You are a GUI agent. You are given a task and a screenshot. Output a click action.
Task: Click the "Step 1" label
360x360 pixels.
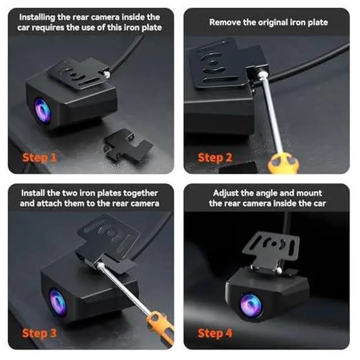pyautogui.click(x=39, y=157)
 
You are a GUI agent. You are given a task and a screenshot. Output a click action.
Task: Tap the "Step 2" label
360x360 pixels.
pyautogui.click(x=215, y=157)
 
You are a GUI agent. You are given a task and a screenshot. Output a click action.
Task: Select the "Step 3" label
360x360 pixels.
pyautogui.click(x=39, y=334)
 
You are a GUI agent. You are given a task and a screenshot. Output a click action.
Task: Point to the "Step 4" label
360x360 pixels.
pyautogui.click(x=215, y=334)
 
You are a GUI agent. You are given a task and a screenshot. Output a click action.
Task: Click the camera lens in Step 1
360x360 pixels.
pyautogui.click(x=43, y=111)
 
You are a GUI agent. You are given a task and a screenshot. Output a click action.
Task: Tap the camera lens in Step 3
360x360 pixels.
pyautogui.click(x=57, y=302)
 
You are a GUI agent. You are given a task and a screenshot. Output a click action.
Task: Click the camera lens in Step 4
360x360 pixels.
pyautogui.click(x=251, y=305)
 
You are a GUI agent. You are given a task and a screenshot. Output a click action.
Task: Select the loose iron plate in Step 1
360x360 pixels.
pyautogui.click(x=127, y=145)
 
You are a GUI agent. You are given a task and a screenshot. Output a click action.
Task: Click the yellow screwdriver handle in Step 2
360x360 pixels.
pyautogui.click(x=283, y=164)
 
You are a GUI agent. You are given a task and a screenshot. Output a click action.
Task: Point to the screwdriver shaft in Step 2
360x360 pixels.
pyautogui.click(x=271, y=112)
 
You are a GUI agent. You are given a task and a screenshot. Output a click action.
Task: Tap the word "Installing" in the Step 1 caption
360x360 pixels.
pyautogui.click(x=37, y=17)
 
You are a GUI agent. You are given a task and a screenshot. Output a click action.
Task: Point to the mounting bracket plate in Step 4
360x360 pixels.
pyautogui.click(x=271, y=248)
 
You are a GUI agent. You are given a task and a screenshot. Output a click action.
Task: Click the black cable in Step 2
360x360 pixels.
pyautogui.click(x=310, y=63)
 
